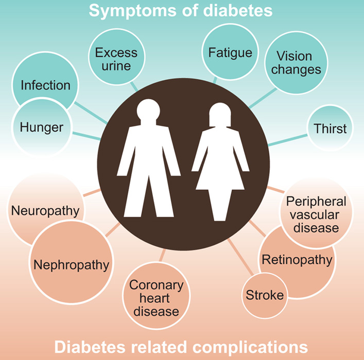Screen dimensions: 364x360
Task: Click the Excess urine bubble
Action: pos(116,59)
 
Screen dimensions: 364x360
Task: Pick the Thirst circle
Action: pos(331,128)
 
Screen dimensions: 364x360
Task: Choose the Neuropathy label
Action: pos(45,210)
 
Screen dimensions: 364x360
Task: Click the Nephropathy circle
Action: pos(71,264)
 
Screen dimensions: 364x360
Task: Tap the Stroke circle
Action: pos(264,295)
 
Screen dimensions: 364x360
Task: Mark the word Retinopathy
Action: pos(297,259)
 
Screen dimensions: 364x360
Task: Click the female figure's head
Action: pos(220,115)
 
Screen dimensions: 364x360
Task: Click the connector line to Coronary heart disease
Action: pos(162,256)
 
